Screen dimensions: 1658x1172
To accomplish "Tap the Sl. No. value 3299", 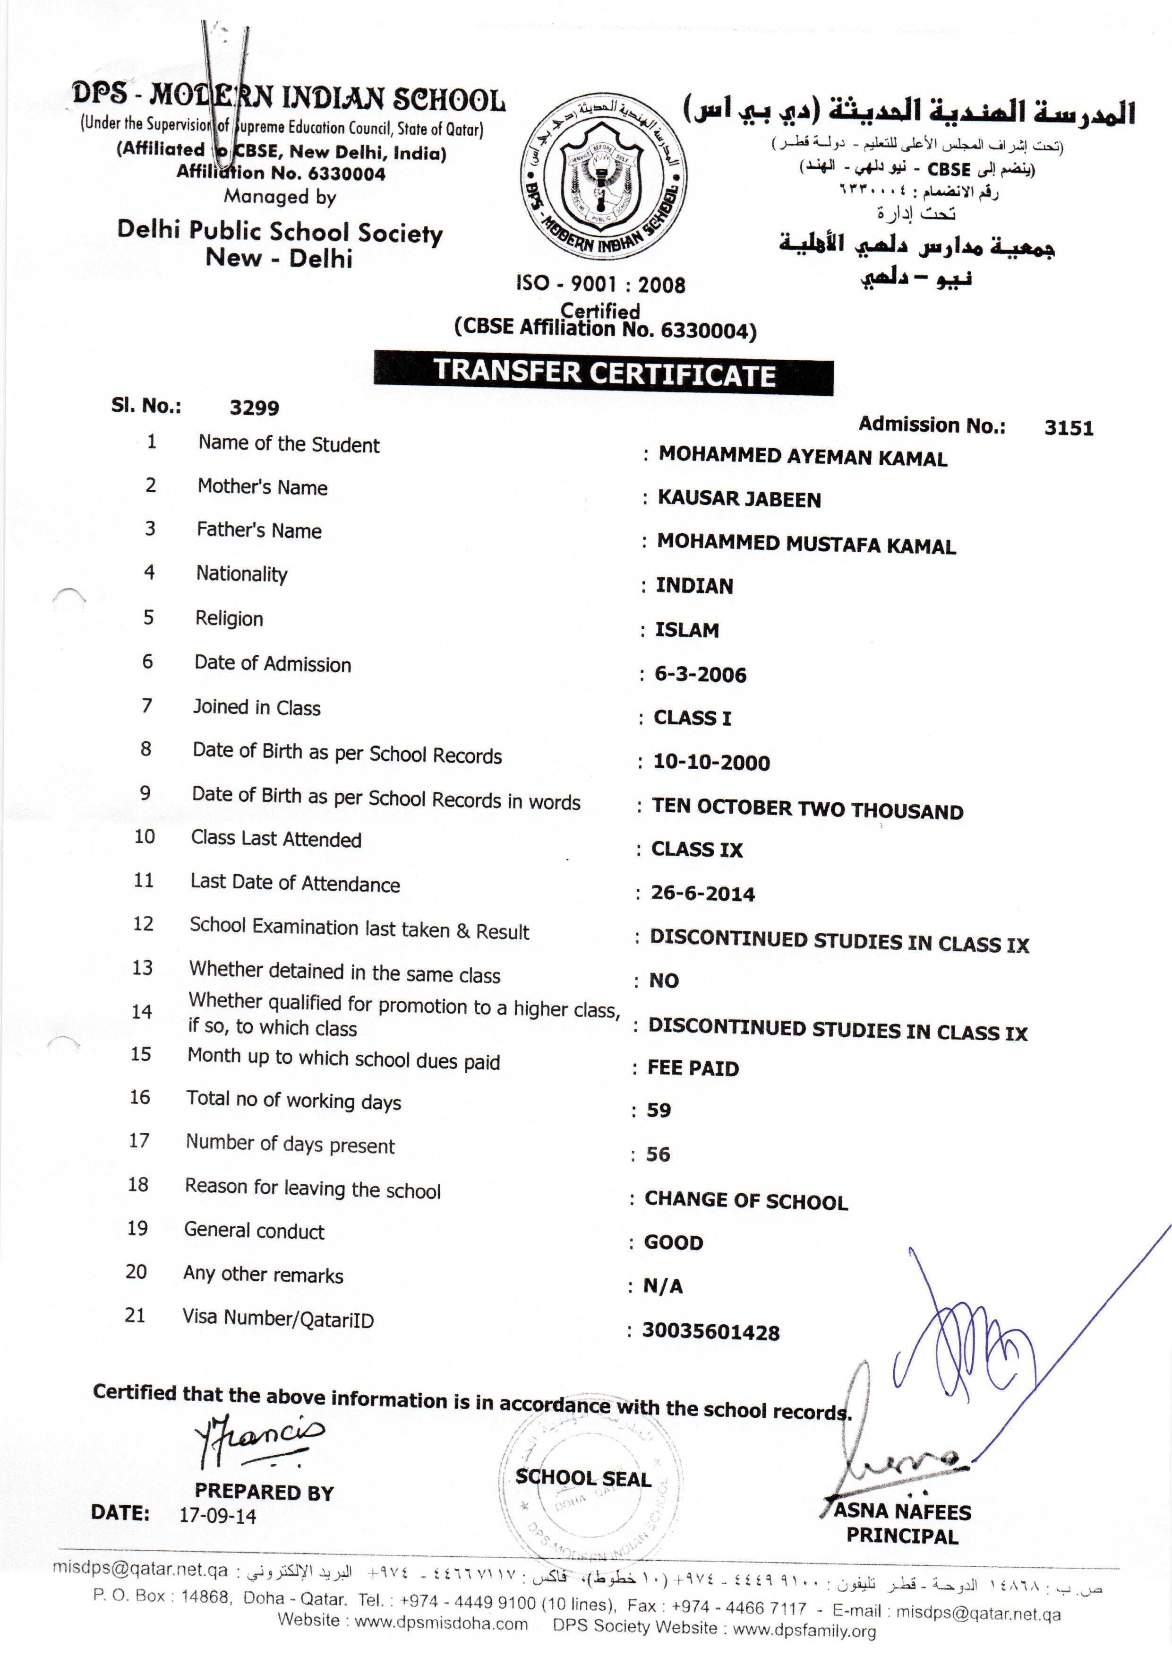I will (x=254, y=408).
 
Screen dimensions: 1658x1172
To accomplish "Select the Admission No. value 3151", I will (x=1068, y=428).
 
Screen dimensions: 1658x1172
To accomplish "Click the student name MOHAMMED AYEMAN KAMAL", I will (x=803, y=457).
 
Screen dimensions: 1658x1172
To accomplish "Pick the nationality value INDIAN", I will (x=694, y=586).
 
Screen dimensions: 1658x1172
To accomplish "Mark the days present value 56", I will (x=658, y=1154).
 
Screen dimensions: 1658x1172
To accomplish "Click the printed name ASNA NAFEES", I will (x=902, y=1511).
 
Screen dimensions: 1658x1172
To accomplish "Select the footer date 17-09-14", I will (x=217, y=1516).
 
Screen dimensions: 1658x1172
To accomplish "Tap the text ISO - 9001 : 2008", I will (x=600, y=284).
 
